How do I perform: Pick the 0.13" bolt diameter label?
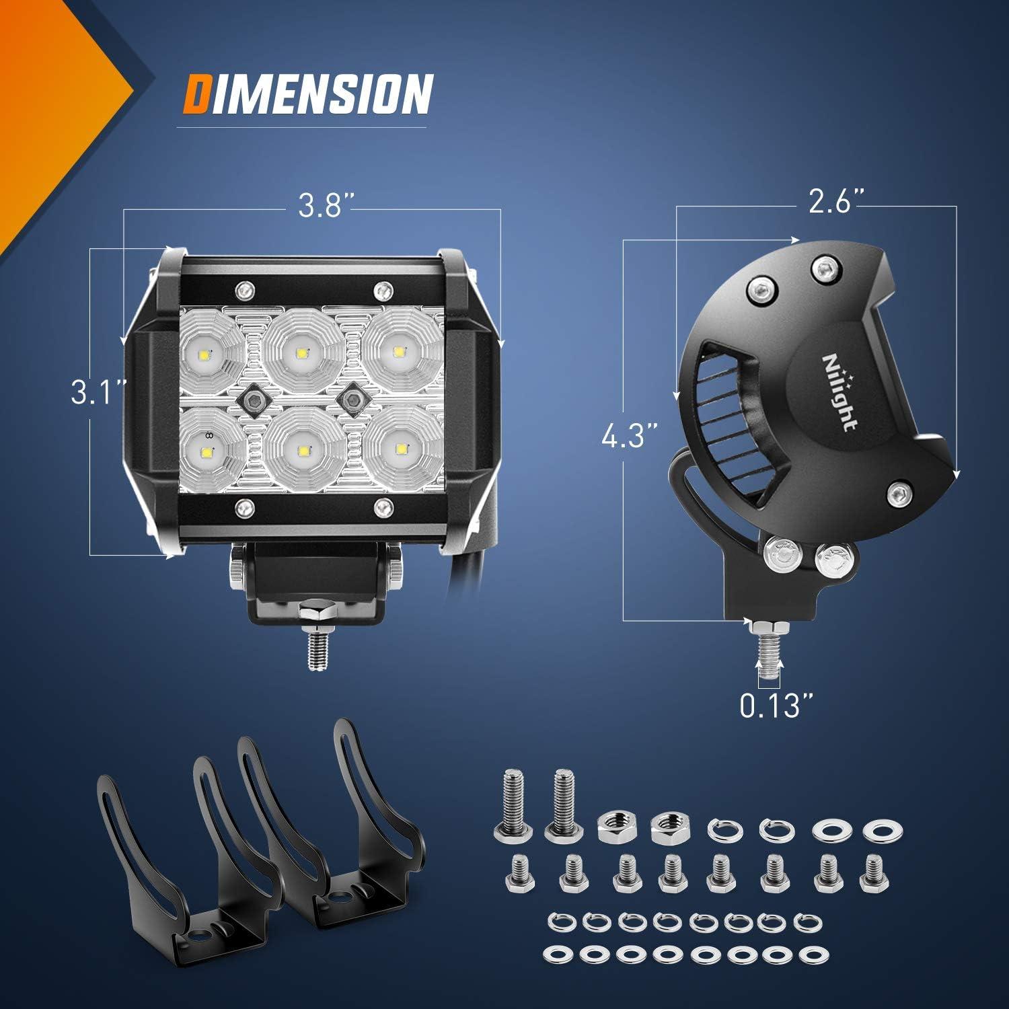tap(777, 706)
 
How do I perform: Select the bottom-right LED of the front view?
tap(402, 448)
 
